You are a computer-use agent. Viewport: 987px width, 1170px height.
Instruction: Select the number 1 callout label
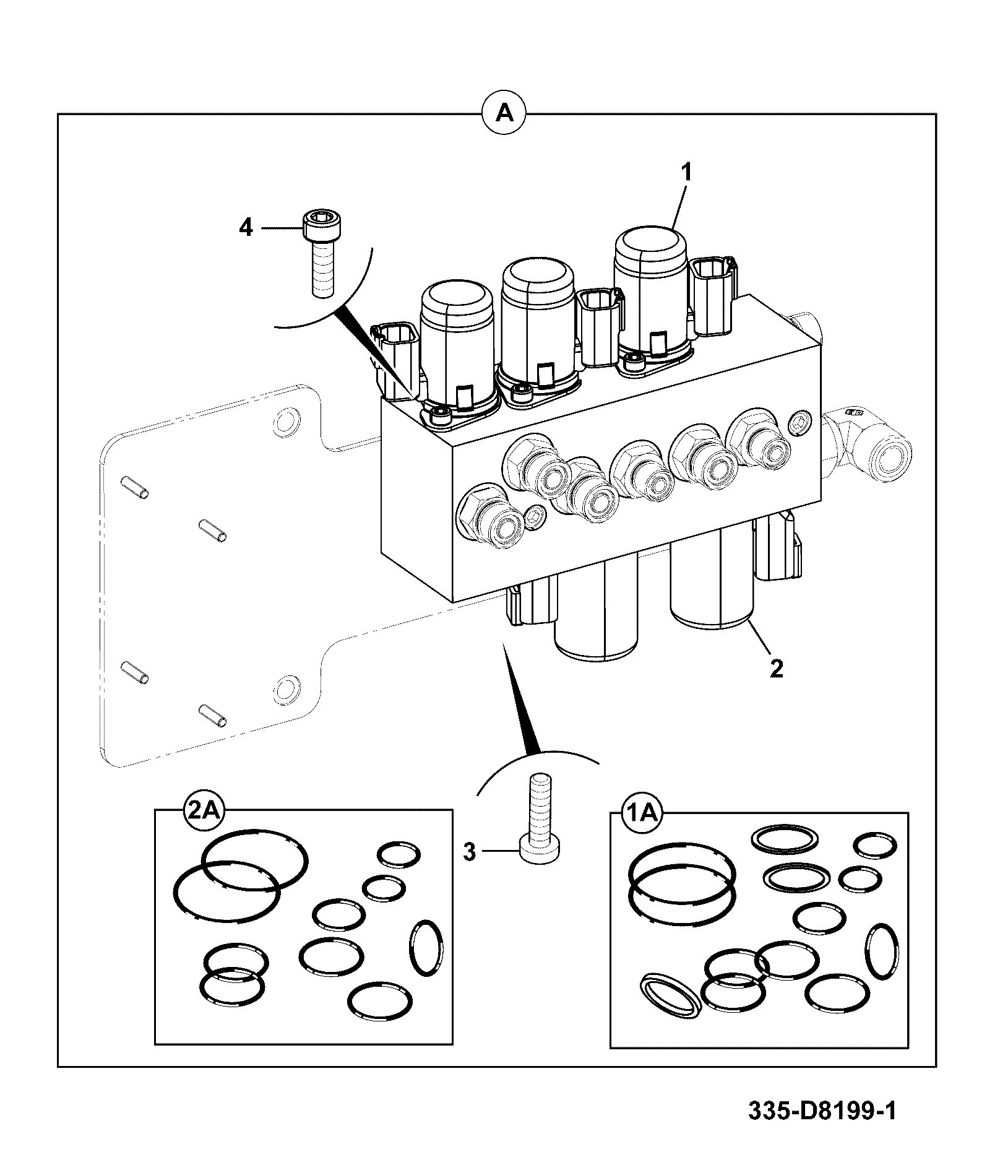686,172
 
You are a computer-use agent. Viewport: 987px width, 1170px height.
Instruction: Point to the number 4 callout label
246,228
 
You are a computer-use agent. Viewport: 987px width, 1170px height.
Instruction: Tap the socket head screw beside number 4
322,254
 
